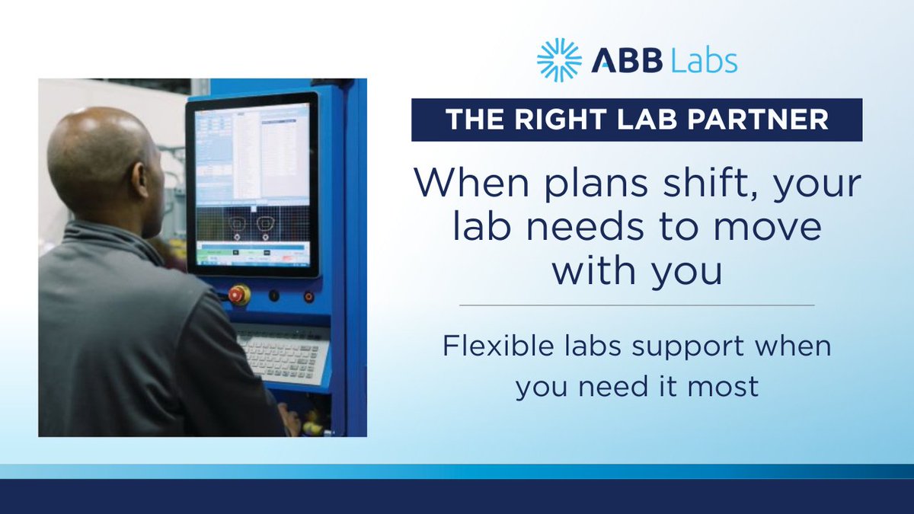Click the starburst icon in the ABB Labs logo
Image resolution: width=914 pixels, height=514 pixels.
pyautogui.click(x=559, y=60)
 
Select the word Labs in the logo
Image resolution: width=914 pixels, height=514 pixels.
pyautogui.click(x=704, y=61)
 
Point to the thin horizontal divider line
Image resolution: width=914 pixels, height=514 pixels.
pyautogui.click(x=637, y=305)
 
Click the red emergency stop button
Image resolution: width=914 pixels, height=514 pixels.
pyautogui.click(x=239, y=295)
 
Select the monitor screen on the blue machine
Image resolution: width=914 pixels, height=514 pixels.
pyautogui.click(x=252, y=184)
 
